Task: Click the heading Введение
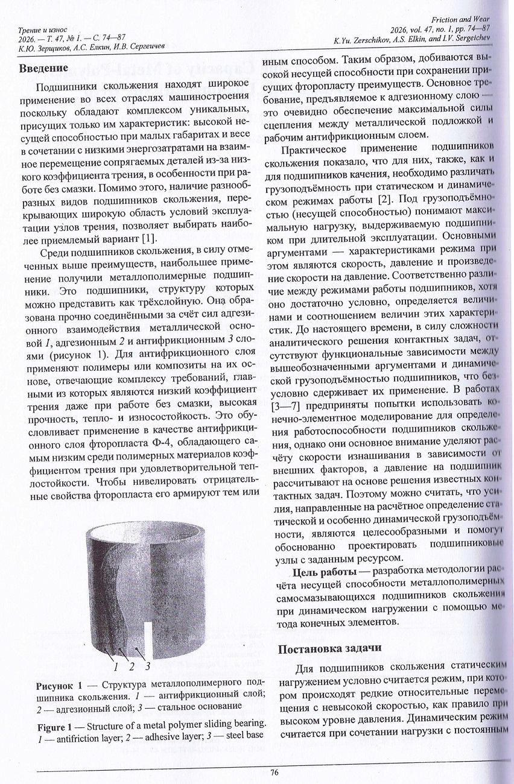tap(43, 68)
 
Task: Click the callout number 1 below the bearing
tap(115, 666)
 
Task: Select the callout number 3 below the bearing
tap(147, 666)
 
